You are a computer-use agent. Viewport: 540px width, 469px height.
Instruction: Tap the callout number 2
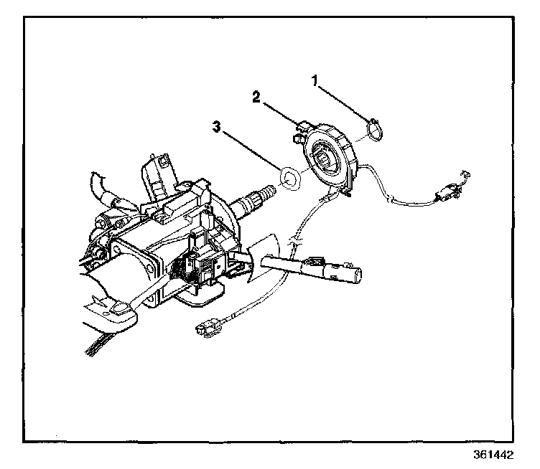tap(256, 97)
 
